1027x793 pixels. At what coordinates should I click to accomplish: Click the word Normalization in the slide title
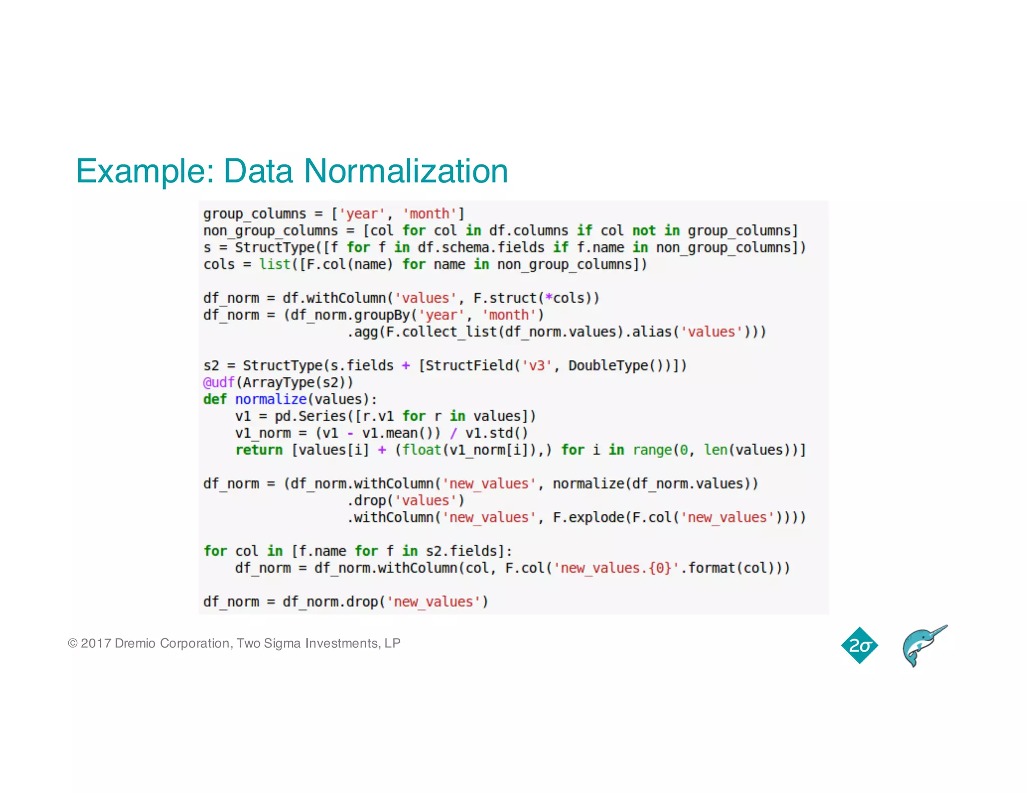click(406, 171)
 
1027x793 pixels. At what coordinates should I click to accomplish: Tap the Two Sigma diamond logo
click(860, 645)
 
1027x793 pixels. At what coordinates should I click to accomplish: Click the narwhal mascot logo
click(923, 646)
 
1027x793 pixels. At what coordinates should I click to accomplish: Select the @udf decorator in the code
click(219, 382)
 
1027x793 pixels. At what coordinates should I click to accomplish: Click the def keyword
click(215, 400)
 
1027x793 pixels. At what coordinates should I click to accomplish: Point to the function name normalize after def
click(270, 400)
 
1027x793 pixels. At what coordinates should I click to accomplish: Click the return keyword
click(259, 450)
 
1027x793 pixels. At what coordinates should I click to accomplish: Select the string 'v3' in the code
click(537, 365)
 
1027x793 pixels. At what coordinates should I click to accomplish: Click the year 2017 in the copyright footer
click(95, 643)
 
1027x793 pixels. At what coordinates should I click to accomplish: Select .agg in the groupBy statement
click(363, 332)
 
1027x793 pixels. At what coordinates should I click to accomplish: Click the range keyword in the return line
click(652, 450)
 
